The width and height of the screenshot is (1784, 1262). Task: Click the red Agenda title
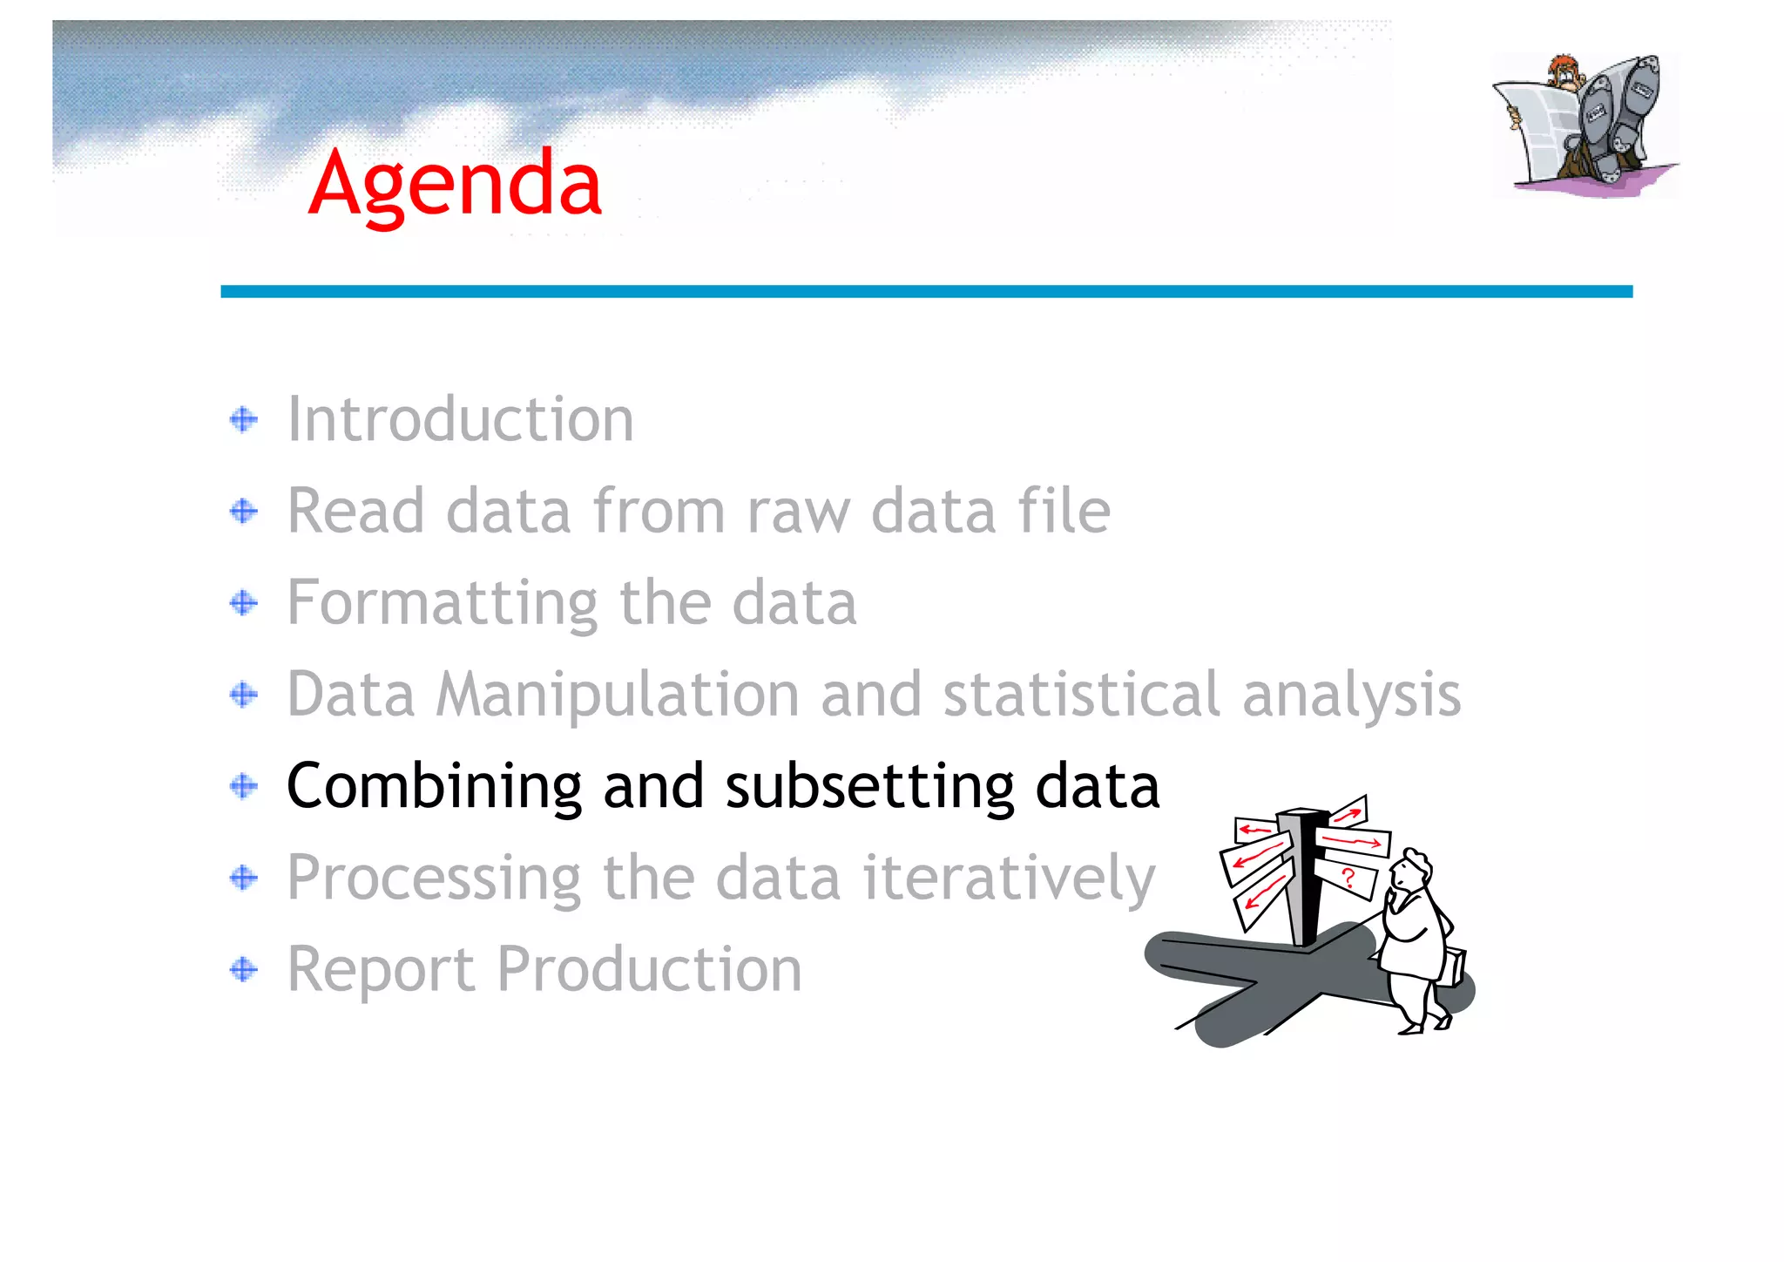(x=455, y=183)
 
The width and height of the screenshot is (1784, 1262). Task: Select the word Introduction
(x=460, y=419)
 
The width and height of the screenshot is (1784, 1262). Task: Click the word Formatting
(x=442, y=603)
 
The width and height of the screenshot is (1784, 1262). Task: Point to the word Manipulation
(x=617, y=695)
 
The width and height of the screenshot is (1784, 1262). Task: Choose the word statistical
(x=1081, y=695)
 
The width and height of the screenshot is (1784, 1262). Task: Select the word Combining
(x=433, y=786)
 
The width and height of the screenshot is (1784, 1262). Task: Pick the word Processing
(x=433, y=879)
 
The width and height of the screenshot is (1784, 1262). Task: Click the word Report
(x=380, y=970)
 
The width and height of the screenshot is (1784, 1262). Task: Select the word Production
(x=649, y=969)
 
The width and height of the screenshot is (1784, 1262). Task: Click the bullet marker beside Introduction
(x=244, y=420)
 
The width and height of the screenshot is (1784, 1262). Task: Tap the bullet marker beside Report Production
(x=244, y=969)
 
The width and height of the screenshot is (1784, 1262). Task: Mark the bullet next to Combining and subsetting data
(x=244, y=786)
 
